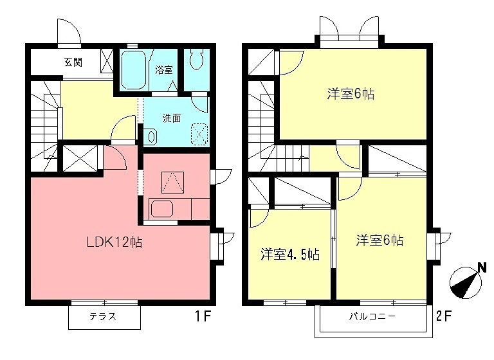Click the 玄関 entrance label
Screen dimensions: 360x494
(73, 62)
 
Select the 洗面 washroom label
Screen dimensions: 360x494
(171, 118)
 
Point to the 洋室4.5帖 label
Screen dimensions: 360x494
(289, 253)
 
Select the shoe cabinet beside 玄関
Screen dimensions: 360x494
(107, 60)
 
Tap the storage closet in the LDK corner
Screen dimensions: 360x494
(79, 157)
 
